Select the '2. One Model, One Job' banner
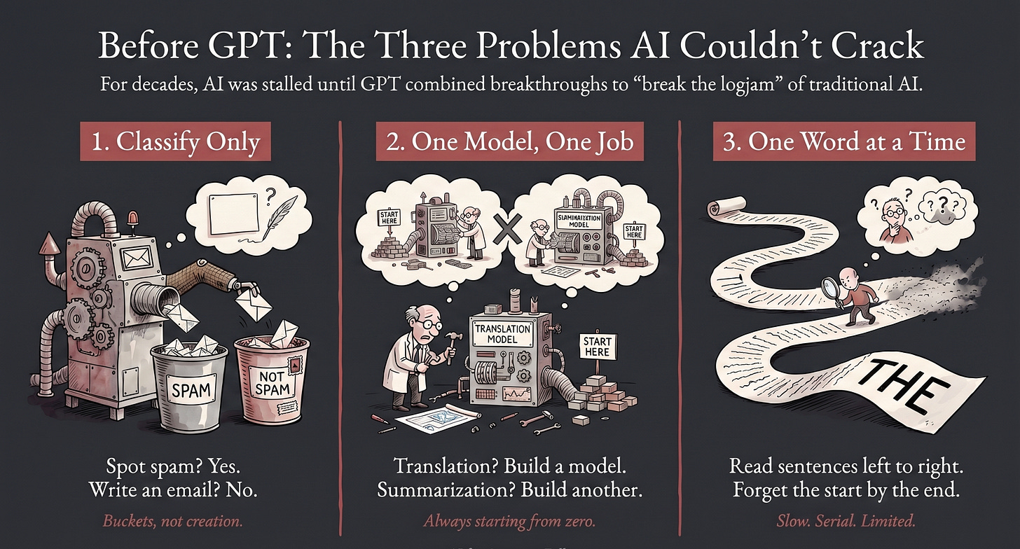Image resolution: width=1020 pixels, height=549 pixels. click(x=509, y=142)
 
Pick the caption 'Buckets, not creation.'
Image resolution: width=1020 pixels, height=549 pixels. click(x=173, y=521)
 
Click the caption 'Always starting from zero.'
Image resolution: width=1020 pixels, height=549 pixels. click(x=509, y=521)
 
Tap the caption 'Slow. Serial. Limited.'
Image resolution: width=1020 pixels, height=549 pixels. click(x=846, y=521)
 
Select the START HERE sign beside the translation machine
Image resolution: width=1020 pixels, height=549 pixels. click(x=596, y=346)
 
